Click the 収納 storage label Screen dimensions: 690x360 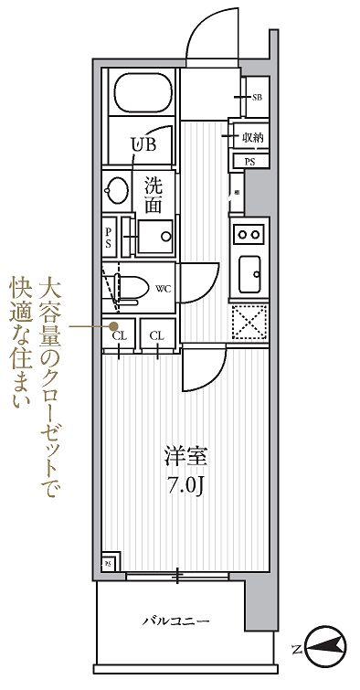tap(253, 137)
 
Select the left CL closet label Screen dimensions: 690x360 tap(119, 335)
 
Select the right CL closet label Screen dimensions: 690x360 tap(157, 335)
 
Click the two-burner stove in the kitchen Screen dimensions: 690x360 tap(249, 233)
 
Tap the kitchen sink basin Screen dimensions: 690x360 tap(249, 272)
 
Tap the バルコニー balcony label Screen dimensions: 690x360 tap(176, 622)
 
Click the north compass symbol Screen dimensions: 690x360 tap(324, 650)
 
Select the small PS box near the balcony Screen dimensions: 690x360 tap(108, 564)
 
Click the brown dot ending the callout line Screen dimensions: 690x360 tap(113, 325)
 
